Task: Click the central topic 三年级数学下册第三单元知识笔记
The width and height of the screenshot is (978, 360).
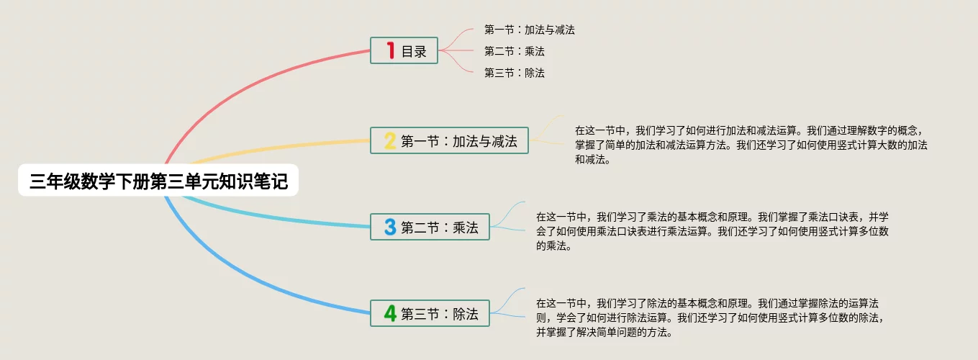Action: click(158, 181)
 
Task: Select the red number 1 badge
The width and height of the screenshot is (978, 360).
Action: click(391, 50)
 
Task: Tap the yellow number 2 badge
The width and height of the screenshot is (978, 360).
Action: click(390, 140)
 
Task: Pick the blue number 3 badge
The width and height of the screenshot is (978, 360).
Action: click(390, 227)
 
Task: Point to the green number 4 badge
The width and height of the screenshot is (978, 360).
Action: click(390, 313)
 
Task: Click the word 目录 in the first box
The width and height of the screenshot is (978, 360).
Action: click(414, 52)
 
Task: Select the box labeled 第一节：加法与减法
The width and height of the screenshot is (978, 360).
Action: click(449, 140)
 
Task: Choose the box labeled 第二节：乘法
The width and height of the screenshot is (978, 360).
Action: click(430, 227)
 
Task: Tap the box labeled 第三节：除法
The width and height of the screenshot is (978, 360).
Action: click(430, 313)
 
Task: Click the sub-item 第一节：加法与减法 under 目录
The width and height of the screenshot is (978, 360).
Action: click(529, 30)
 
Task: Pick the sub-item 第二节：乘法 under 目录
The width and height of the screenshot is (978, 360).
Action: click(515, 51)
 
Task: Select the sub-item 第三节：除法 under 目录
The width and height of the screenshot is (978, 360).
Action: click(515, 73)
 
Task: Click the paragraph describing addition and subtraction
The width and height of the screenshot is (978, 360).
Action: click(751, 145)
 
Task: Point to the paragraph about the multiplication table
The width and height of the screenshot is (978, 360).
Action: click(712, 231)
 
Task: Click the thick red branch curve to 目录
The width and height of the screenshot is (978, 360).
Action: click(245, 85)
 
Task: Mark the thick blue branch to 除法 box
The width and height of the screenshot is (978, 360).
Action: click(245, 276)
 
